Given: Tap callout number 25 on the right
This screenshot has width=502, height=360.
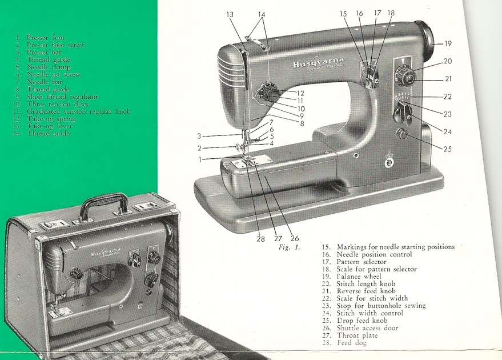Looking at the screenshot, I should (x=447, y=149).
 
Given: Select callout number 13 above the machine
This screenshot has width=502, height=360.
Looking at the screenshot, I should (x=230, y=14).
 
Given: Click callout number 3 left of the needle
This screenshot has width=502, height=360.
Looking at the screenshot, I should (x=199, y=136).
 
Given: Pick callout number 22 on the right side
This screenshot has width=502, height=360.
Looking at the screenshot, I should (x=447, y=97).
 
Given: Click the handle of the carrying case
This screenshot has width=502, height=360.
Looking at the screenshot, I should (x=102, y=206).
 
